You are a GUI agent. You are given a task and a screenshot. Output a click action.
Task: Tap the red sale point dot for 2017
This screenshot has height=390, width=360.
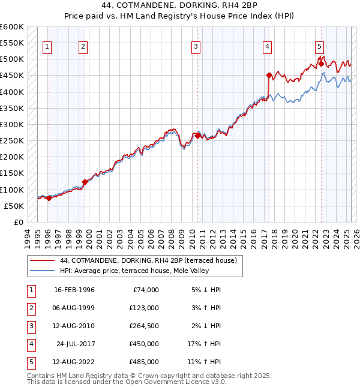(269, 76)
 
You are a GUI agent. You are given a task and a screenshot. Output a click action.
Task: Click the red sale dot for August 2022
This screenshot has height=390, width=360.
(321, 64)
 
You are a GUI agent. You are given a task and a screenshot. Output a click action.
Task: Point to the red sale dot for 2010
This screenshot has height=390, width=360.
(197, 136)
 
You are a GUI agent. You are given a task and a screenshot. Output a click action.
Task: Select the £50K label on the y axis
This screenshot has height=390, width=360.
(14, 206)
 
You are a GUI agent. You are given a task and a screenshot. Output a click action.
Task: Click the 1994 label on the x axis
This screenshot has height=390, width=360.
(27, 237)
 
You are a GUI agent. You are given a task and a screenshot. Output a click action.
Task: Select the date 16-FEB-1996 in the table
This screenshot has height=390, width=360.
(74, 290)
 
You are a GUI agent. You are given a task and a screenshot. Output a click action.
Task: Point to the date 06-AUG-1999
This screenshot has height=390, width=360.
(74, 308)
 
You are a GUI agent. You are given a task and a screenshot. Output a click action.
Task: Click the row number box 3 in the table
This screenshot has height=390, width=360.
(30, 326)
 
